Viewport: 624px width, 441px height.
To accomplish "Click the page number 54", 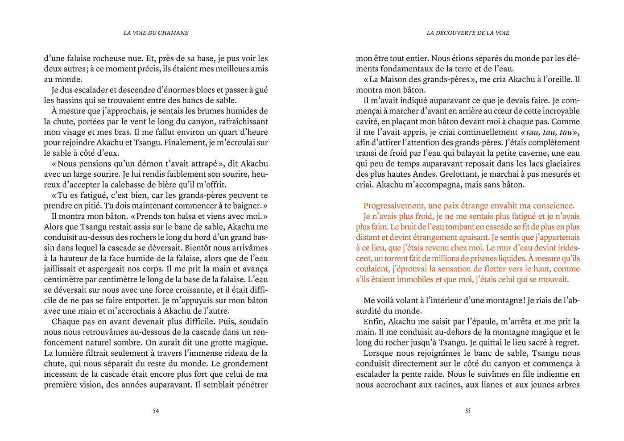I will pyautogui.click(x=156, y=411).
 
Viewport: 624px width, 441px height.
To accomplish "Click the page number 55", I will pyautogui.click(x=467, y=411).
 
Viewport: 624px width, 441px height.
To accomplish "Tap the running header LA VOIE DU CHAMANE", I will pyautogui.click(x=156, y=33).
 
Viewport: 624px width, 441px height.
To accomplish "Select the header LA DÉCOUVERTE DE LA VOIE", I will pyautogui.click(x=468, y=33).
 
